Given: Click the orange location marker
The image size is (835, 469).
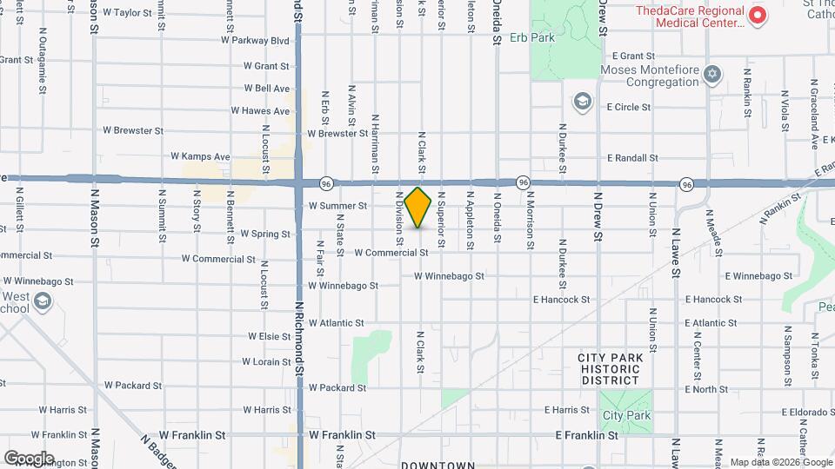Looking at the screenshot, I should pyautogui.click(x=418, y=207).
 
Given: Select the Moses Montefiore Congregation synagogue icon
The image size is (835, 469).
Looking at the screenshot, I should pyautogui.click(x=713, y=73).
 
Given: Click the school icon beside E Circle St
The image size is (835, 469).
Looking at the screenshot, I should pyautogui.click(x=580, y=103).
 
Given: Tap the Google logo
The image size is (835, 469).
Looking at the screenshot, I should pyautogui.click(x=29, y=458).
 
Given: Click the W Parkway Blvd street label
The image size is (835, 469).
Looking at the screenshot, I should pyautogui.click(x=255, y=40).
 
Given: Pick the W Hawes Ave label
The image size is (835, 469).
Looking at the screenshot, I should pyautogui.click(x=260, y=111).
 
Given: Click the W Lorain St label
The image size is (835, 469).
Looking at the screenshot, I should pyautogui.click(x=266, y=361).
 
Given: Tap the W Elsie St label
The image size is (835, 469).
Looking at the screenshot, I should pyautogui.click(x=269, y=336).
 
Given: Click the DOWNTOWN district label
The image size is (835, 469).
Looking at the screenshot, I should pyautogui.click(x=438, y=464).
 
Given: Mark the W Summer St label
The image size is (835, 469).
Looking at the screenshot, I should pyautogui.click(x=337, y=207).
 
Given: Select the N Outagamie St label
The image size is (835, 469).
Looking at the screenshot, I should pyautogui.click(x=43, y=52).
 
